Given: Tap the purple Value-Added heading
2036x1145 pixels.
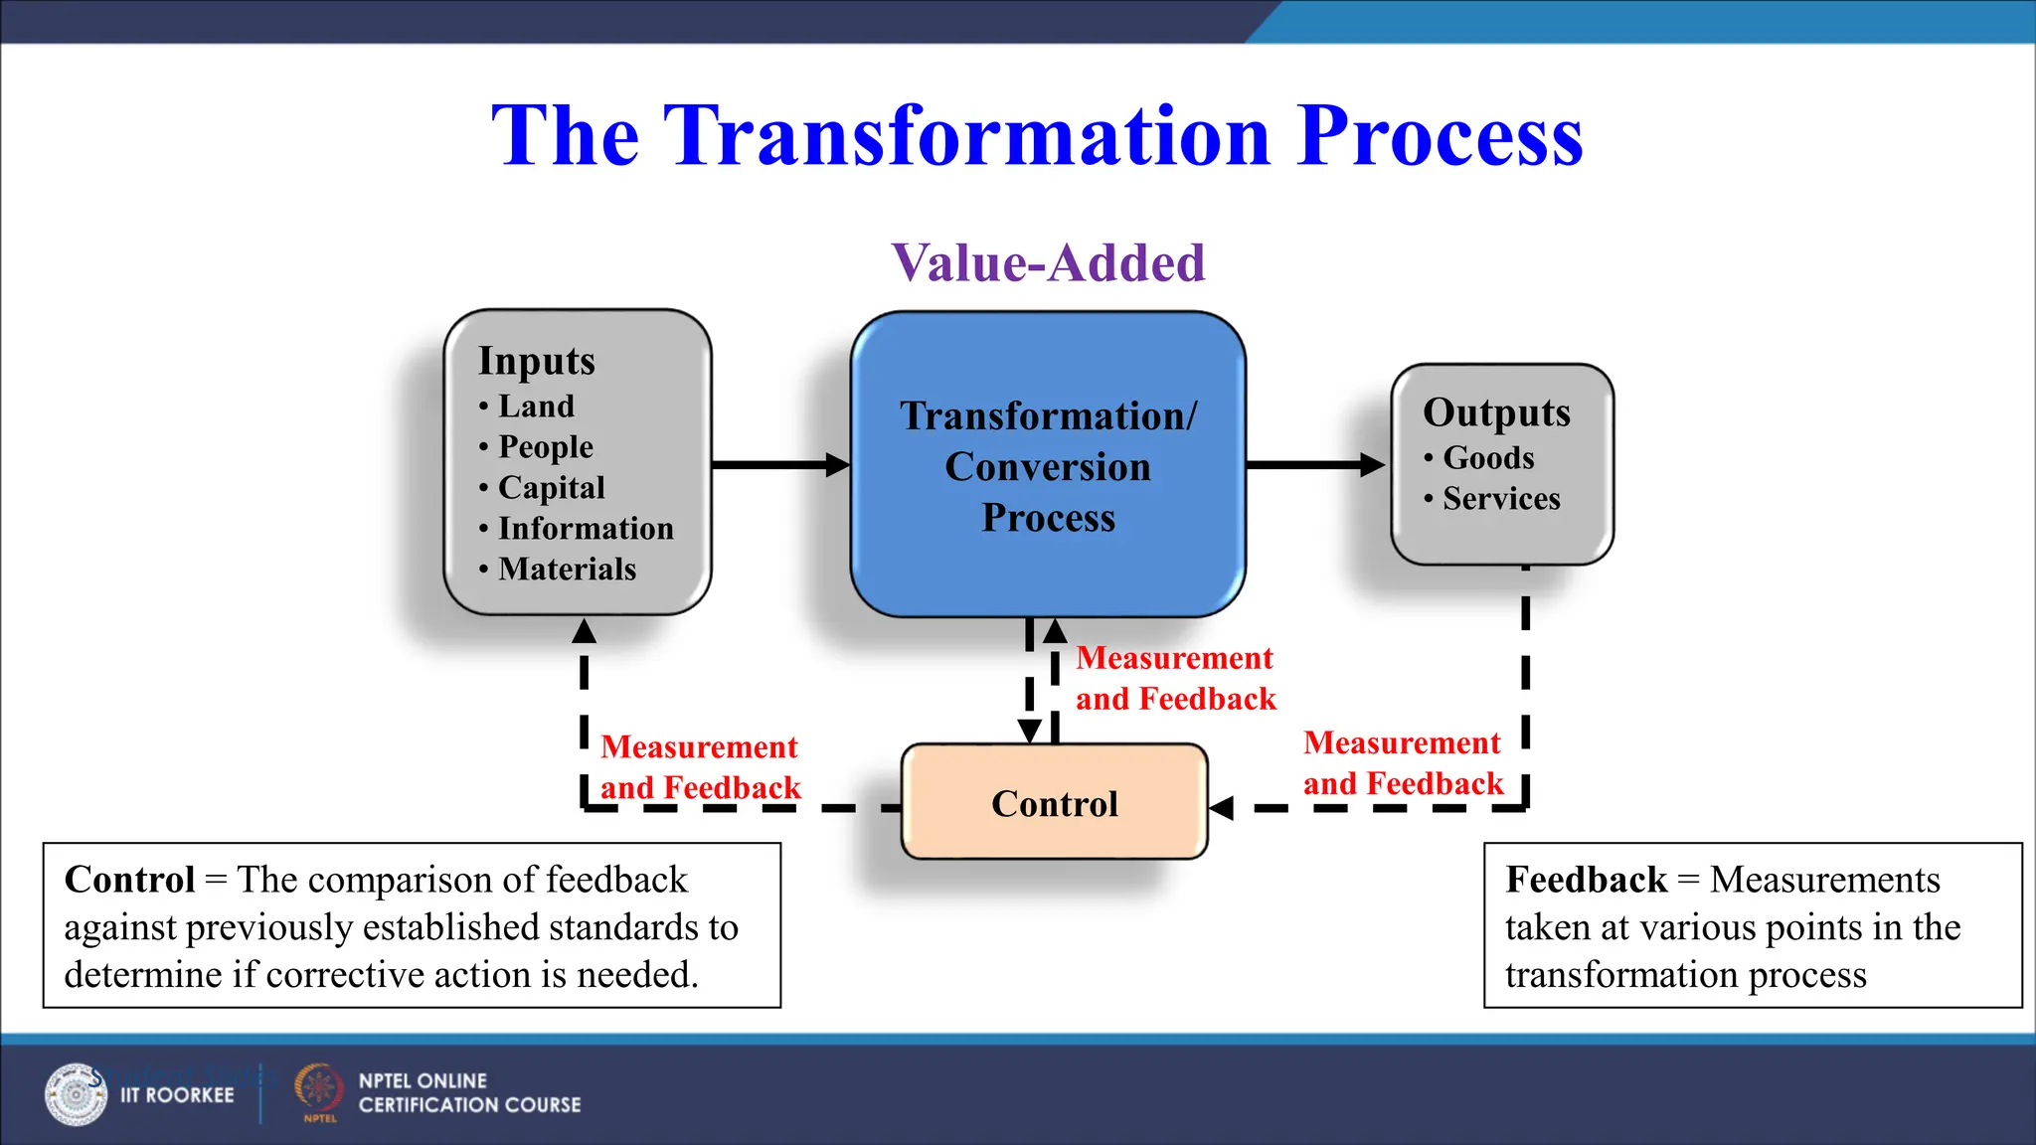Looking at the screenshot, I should click(x=1048, y=263).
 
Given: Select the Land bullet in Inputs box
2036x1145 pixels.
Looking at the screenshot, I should click(x=536, y=407).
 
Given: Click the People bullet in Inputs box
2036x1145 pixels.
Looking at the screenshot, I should click(x=545, y=447).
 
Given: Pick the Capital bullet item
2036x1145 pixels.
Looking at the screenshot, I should click(x=551, y=488).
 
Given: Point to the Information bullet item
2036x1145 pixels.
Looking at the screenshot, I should click(x=585, y=529).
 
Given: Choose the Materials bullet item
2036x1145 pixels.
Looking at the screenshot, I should click(x=567, y=570).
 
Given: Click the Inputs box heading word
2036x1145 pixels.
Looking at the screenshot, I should click(x=536, y=361).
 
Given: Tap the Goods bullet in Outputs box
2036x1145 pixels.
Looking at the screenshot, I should click(x=1487, y=458).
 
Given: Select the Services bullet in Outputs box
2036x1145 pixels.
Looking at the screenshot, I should click(x=1500, y=499).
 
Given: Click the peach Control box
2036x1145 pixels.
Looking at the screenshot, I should click(x=1054, y=802).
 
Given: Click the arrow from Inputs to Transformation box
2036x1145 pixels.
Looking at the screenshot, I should click(x=780, y=465).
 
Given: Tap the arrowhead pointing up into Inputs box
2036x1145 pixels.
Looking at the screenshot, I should click(x=585, y=631).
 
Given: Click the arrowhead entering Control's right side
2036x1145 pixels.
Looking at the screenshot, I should click(x=1222, y=808).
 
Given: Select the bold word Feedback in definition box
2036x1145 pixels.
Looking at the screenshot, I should click(x=1586, y=881).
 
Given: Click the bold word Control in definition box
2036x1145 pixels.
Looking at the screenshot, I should click(x=129, y=881).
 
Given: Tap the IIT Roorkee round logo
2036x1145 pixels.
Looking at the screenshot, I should click(x=76, y=1094).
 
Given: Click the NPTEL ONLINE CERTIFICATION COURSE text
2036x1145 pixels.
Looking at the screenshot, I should click(x=468, y=1093).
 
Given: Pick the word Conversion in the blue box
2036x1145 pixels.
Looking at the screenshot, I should click(x=1047, y=467).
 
